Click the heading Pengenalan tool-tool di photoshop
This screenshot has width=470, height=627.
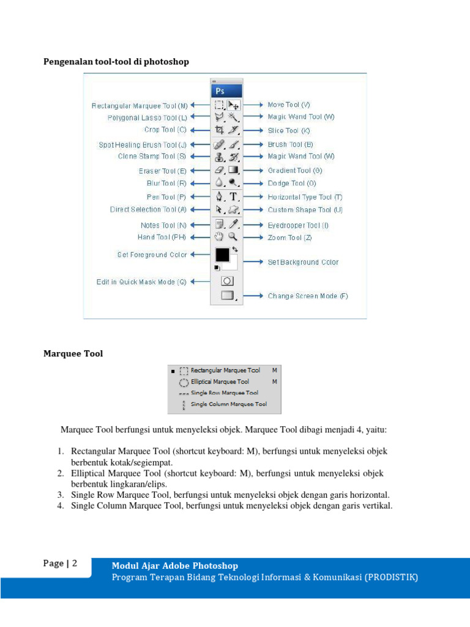click(x=116, y=62)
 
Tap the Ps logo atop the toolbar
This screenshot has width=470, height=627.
click(x=220, y=91)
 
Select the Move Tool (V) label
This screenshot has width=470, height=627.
click(x=289, y=105)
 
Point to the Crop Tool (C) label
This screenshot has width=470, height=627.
click(x=165, y=130)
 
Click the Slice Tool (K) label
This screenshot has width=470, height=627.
click(x=289, y=130)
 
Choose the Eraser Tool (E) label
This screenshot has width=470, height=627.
click(x=162, y=171)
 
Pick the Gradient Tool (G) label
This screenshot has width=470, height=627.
click(x=295, y=170)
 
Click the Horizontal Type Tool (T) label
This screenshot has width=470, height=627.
click(x=305, y=197)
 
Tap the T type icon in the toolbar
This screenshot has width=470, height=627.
click(x=233, y=197)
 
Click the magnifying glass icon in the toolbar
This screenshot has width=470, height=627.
click(x=233, y=237)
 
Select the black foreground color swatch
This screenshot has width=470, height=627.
click(x=222, y=254)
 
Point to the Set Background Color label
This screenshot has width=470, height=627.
click(x=303, y=262)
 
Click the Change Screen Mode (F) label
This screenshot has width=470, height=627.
click(x=308, y=296)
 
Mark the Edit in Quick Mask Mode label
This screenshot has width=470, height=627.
click(x=141, y=282)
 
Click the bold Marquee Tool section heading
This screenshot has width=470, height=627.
click(x=73, y=353)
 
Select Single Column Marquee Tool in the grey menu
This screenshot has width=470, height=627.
click(x=229, y=404)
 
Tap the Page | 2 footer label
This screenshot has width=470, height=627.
click(x=60, y=563)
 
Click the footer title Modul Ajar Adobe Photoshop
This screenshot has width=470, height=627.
click(x=175, y=566)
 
